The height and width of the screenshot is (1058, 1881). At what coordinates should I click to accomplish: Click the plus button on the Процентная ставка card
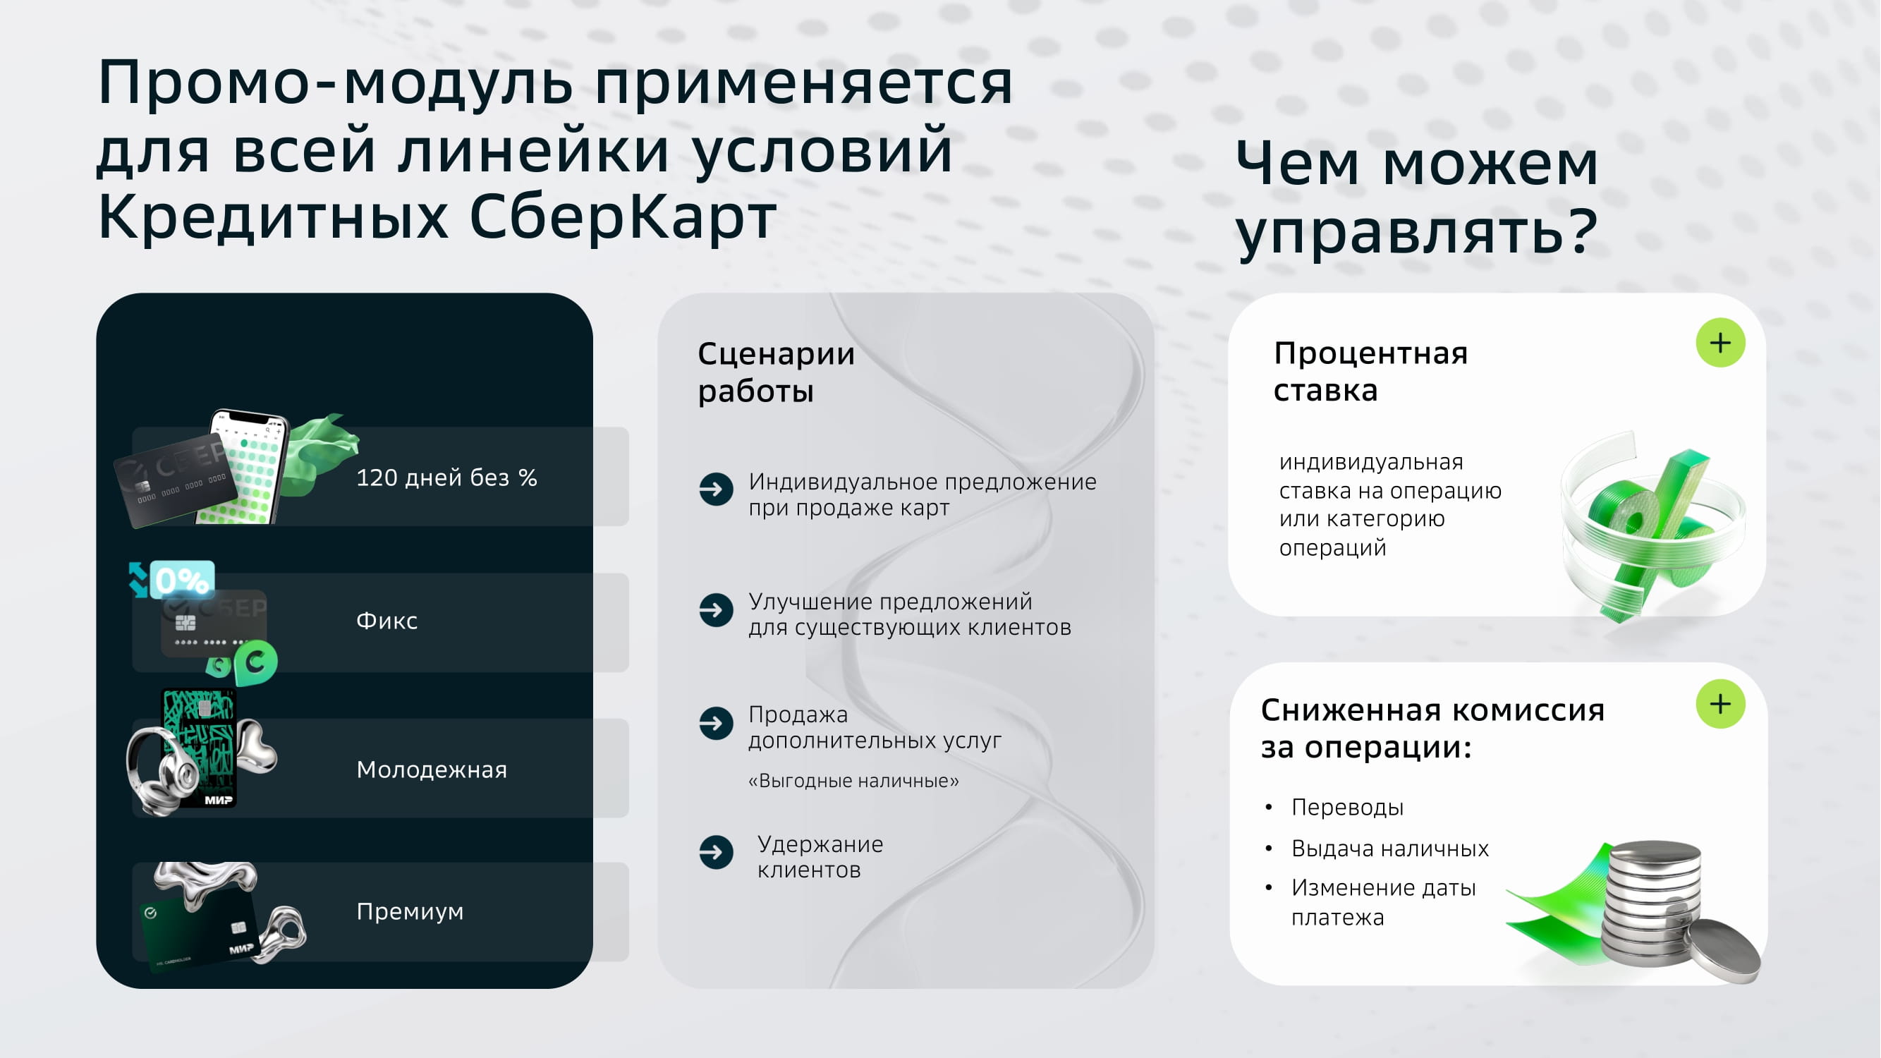coord(1720,343)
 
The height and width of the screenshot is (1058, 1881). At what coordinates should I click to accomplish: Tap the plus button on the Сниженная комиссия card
coord(1720,704)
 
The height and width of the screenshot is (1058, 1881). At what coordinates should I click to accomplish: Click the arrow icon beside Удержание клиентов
coord(716,852)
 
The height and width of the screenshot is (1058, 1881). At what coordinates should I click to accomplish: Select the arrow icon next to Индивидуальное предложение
coord(716,490)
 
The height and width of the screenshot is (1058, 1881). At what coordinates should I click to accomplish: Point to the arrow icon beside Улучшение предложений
coord(716,610)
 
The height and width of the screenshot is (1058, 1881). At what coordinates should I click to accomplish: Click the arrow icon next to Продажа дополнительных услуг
coord(716,724)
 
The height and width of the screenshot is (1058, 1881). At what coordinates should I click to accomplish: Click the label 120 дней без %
coord(447,478)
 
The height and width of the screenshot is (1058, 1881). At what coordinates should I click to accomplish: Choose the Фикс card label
coord(387,621)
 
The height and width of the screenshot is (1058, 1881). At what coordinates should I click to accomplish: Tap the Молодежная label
coord(432,770)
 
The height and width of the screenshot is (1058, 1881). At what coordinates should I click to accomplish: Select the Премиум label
coord(410,912)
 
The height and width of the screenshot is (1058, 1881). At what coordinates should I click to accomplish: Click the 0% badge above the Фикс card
coord(182,580)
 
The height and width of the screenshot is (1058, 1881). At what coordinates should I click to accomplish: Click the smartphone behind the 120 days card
coord(245,468)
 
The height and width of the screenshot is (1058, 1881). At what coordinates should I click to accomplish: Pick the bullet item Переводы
coord(1347,808)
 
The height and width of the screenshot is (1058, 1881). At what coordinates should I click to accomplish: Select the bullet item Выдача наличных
coord(1389,849)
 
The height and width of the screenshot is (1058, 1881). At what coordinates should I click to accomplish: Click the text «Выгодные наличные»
coord(853,782)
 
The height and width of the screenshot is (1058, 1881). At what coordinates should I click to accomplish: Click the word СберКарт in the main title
coord(623,217)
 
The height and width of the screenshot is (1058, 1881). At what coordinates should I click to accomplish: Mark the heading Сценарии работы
coord(777,372)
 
